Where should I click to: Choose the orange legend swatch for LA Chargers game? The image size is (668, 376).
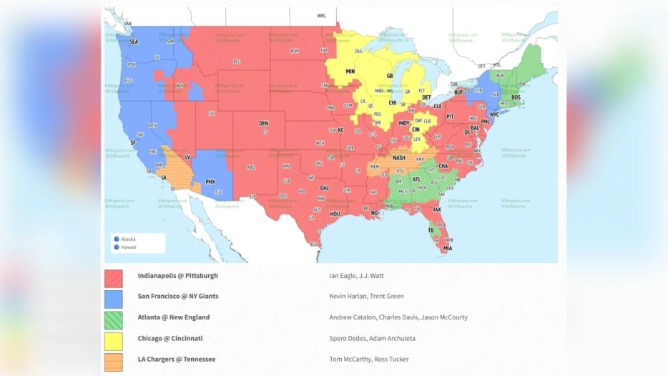tap(113, 360)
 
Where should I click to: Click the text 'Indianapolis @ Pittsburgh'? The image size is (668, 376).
tap(177, 276)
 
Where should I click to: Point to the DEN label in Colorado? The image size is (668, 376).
tap(263, 123)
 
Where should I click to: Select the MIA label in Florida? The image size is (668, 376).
tap(447, 249)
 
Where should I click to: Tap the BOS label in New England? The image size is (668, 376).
tap(516, 97)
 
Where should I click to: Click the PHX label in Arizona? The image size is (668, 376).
tap(210, 182)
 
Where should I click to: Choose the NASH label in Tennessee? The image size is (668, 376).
tap(399, 158)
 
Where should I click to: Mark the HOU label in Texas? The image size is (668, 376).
tap(335, 213)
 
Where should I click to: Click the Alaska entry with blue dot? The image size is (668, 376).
tap(127, 238)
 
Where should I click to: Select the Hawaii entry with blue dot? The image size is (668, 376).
tap(127, 247)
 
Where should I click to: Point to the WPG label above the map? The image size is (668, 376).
tap(321, 15)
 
